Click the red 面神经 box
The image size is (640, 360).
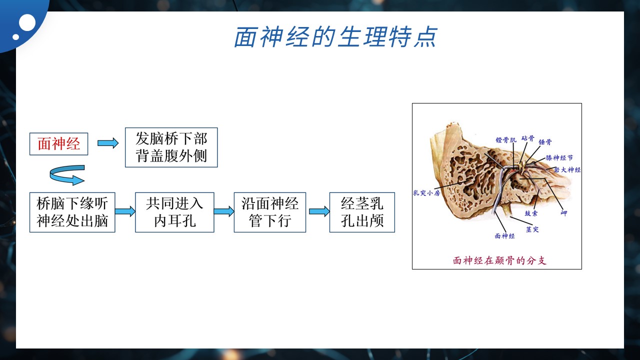pos(58,144)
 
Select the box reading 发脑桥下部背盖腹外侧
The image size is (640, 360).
pos(171,147)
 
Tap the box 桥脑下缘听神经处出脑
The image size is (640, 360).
pos(72,212)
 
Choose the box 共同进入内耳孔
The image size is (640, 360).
pos(174,212)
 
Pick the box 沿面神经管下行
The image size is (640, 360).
pos(269,212)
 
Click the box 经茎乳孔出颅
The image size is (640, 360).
pos(362,212)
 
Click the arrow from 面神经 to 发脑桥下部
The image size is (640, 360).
pos(108,143)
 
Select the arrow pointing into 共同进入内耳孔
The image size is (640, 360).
pos(125,211)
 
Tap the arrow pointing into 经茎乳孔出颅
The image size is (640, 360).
pos(319,211)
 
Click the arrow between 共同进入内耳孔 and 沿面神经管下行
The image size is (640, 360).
pos(224,211)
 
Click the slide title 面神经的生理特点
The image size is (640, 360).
pos(335,37)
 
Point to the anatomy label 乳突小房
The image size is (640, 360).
pos(426,193)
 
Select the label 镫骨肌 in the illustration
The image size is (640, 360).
pos(506,139)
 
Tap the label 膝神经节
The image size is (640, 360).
pos(559,157)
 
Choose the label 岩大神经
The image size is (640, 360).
pos(567,169)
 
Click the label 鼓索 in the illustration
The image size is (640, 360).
pos(531,213)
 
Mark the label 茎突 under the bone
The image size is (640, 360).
pos(532,229)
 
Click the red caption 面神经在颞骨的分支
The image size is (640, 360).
pos(499,260)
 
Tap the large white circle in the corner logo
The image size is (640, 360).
pos(27,22)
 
